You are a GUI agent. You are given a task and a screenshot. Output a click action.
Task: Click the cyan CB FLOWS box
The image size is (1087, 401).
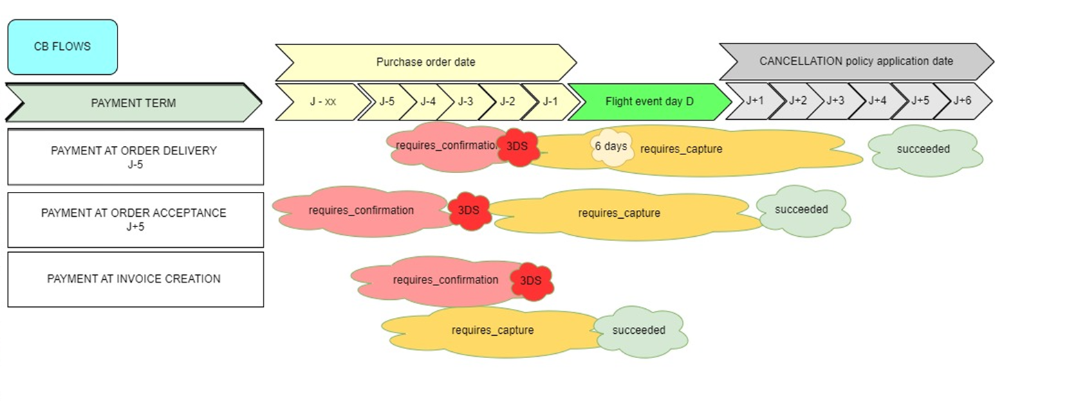[x=63, y=47]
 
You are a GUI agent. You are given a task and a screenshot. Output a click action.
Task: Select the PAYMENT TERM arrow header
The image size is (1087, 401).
[x=133, y=103]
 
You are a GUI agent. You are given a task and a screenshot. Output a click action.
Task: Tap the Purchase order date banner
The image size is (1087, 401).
[x=425, y=62]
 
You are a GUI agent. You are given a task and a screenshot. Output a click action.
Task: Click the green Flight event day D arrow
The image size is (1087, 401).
[x=649, y=102]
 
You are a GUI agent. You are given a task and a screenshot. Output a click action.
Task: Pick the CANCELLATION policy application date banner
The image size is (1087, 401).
[x=857, y=61]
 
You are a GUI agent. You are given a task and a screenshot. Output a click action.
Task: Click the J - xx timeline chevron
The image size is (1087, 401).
[x=323, y=102]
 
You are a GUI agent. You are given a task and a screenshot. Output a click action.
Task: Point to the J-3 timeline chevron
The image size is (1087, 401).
[x=466, y=102]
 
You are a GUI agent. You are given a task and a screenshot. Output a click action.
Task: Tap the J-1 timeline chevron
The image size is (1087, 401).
[x=551, y=102]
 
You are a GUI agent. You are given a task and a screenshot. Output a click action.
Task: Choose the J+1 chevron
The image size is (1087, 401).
[x=755, y=100]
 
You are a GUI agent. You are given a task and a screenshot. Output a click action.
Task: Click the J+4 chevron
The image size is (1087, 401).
[x=877, y=100]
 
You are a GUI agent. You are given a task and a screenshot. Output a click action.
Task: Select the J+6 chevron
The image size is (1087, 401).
[x=963, y=100]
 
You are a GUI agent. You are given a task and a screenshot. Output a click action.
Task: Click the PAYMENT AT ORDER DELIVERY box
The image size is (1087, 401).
[x=136, y=157]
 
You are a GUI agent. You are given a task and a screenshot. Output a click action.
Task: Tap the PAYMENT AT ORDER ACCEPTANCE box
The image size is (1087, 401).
[x=136, y=220]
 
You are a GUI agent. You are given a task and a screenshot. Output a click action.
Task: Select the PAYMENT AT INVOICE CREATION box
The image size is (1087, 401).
[x=136, y=279]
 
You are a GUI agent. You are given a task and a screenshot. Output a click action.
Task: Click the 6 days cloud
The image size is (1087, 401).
[x=612, y=147]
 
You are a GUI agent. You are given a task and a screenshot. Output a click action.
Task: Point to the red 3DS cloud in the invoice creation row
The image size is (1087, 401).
[x=531, y=281]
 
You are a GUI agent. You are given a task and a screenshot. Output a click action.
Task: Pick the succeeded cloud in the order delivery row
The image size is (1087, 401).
[x=925, y=150]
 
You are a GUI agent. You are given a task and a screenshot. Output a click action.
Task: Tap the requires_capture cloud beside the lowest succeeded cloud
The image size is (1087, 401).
[x=492, y=331]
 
